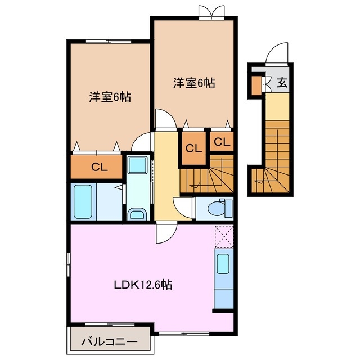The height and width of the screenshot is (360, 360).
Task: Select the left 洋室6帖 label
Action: tap(110, 97)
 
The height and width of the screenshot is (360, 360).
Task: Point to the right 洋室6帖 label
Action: tap(193, 83)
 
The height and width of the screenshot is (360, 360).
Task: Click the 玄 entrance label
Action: tap(282, 83)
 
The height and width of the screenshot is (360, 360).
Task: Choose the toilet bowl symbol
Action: tap(216, 208)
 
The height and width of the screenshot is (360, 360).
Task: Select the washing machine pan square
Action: tap(137, 166)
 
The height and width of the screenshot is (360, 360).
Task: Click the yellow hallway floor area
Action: tap(165, 174)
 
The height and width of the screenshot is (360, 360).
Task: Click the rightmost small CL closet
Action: tap(222, 142)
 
